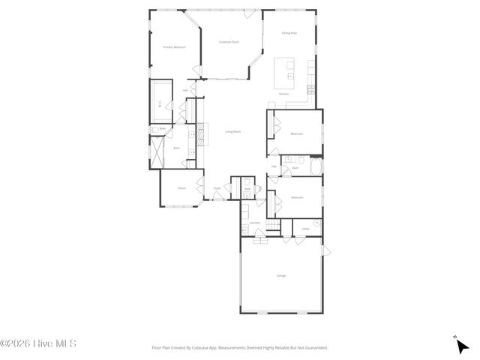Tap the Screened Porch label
229,43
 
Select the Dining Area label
289,33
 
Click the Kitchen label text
284,94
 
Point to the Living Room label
233,132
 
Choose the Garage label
281,277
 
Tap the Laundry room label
255,223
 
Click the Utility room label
304,229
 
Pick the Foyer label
217,188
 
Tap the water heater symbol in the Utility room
317,223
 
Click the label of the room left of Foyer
181,188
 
